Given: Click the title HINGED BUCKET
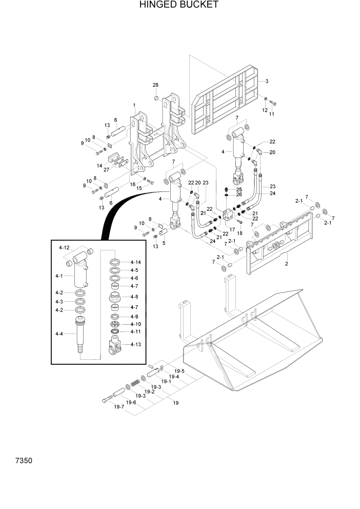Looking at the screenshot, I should coord(179,5).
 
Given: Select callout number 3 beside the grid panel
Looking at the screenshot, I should coord(267,81).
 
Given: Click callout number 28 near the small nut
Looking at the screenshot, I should coord(155,85).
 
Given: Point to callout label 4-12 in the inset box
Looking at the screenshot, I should coord(64,248).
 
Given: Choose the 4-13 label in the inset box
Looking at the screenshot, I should coord(135,344).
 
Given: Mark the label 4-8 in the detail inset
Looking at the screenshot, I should coord(134,297).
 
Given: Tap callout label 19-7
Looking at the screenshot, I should coord(119,407).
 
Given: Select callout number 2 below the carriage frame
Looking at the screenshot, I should coord(286,264).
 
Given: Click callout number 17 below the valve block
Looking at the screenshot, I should coord(232,229).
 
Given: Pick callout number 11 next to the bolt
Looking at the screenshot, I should coord(272,114).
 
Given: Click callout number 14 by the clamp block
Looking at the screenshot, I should coord(99,165).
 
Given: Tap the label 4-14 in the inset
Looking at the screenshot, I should coord(135,262).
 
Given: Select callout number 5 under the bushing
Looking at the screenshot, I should coord(163,243).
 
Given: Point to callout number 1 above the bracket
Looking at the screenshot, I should coord(134,105).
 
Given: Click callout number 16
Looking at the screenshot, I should coord(132,184).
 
